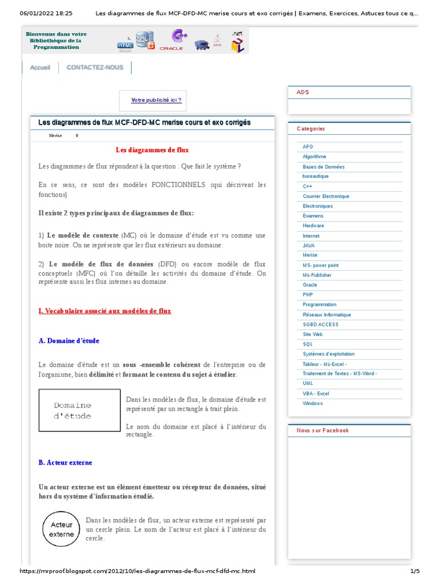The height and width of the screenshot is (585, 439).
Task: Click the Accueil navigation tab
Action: click(40, 67)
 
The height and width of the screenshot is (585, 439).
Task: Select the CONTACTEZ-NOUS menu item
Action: click(95, 67)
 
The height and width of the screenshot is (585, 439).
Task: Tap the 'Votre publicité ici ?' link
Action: click(156, 100)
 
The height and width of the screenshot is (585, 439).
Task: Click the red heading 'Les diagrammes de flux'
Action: click(152, 150)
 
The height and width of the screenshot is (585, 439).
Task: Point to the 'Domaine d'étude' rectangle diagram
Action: click(79, 411)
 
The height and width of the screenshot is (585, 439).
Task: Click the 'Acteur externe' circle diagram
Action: click(62, 530)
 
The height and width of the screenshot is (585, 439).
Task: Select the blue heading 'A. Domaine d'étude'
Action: click(69, 341)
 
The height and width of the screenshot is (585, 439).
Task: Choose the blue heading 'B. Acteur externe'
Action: click(65, 463)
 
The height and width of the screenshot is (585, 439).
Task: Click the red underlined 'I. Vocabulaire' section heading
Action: click(105, 311)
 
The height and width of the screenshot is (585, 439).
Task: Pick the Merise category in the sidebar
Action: click(310, 255)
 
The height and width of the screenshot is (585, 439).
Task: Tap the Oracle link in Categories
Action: click(310, 285)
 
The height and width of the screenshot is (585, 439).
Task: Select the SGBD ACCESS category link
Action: click(320, 324)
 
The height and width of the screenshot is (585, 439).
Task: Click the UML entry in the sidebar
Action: click(308, 383)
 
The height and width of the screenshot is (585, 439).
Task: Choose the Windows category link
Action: click(313, 403)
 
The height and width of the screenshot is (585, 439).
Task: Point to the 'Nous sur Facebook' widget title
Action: click(322, 431)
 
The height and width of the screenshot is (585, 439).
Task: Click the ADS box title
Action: click(303, 93)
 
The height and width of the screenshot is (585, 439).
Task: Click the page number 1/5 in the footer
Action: click(414, 571)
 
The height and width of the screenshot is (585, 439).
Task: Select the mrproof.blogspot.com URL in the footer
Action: click(137, 571)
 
